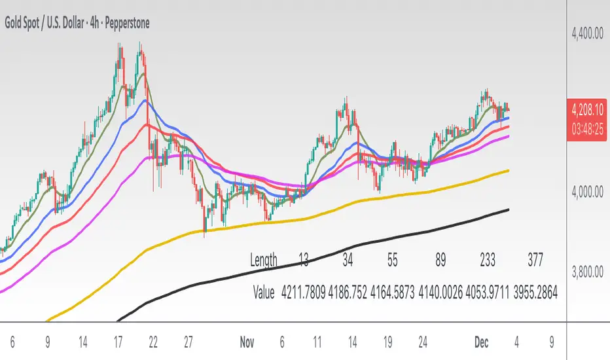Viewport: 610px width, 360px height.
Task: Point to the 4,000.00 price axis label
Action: pyautogui.click(x=587, y=191)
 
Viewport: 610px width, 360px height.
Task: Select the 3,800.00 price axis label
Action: pyautogui.click(x=587, y=271)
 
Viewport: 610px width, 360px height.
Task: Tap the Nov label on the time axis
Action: pyautogui.click(x=246, y=341)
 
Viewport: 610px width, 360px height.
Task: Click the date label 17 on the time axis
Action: pyautogui.click(x=118, y=341)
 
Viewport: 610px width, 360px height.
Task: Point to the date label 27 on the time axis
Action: pyautogui.click(x=189, y=341)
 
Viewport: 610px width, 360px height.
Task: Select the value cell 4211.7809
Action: pyautogui.click(x=303, y=293)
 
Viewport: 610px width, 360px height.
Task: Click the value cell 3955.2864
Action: pyautogui.click(x=535, y=293)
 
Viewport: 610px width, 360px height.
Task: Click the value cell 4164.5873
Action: pyautogui.click(x=392, y=293)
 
